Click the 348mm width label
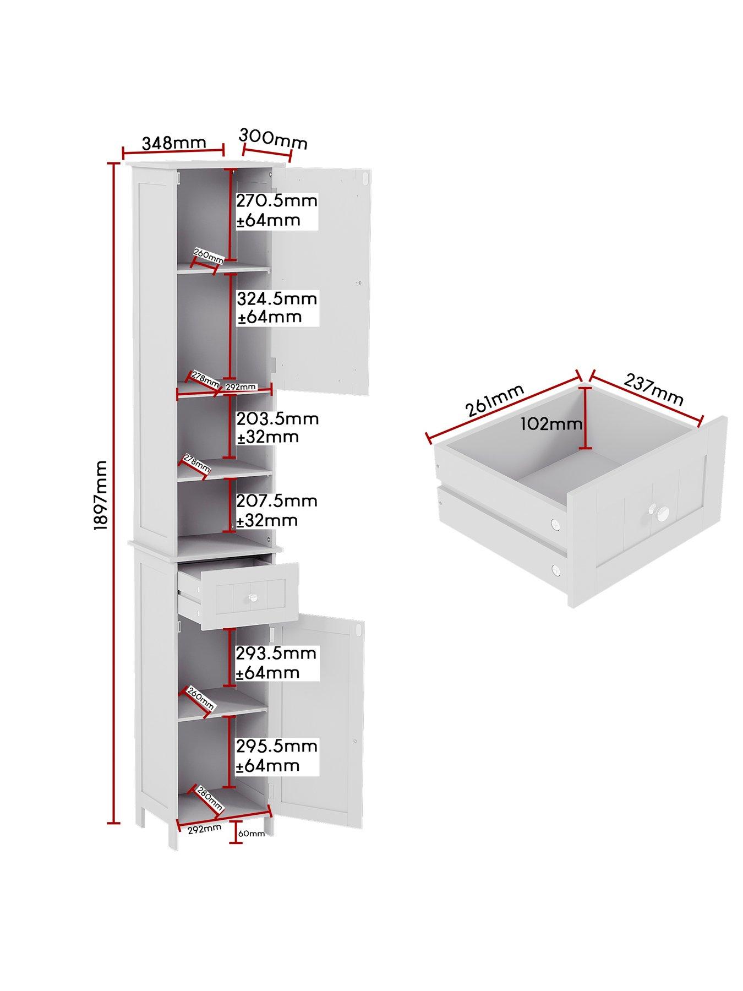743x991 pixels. point(174,143)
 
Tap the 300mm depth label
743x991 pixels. point(274,139)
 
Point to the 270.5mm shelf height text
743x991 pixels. point(277,200)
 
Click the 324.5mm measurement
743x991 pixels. point(277,298)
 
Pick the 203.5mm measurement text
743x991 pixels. point(277,418)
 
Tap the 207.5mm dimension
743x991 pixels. point(277,501)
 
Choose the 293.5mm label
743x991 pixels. point(276,654)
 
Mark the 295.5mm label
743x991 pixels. point(277,747)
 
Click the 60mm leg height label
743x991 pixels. point(252,849)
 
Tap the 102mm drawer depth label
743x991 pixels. point(552,424)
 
